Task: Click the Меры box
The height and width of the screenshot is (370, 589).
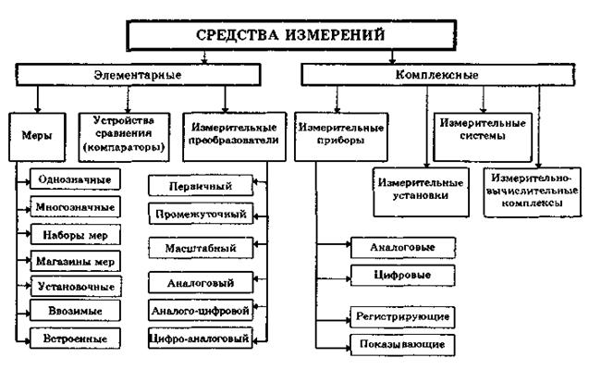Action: point(36,134)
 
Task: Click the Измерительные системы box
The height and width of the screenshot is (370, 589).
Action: point(470,129)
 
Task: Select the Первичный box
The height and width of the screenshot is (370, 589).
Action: point(198,186)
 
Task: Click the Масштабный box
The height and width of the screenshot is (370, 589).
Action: point(201,249)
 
